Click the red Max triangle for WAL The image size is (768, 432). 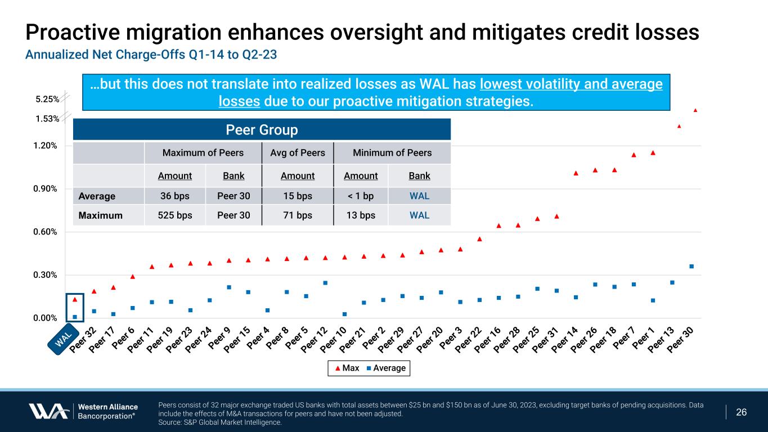(x=75, y=300)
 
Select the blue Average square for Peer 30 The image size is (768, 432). (x=691, y=266)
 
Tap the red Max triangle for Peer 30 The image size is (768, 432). (x=695, y=110)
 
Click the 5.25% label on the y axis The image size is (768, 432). (x=47, y=99)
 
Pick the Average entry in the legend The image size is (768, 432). (x=385, y=368)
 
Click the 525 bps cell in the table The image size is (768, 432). (x=174, y=215)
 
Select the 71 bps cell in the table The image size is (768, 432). (x=298, y=215)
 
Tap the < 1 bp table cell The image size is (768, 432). (x=361, y=196)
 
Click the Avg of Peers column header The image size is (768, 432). (x=298, y=153)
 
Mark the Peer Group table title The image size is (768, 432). (x=262, y=130)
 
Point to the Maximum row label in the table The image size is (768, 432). (x=101, y=215)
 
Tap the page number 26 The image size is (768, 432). (x=742, y=412)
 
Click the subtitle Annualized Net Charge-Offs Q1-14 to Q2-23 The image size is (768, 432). (x=151, y=55)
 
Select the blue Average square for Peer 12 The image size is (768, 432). (x=325, y=282)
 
